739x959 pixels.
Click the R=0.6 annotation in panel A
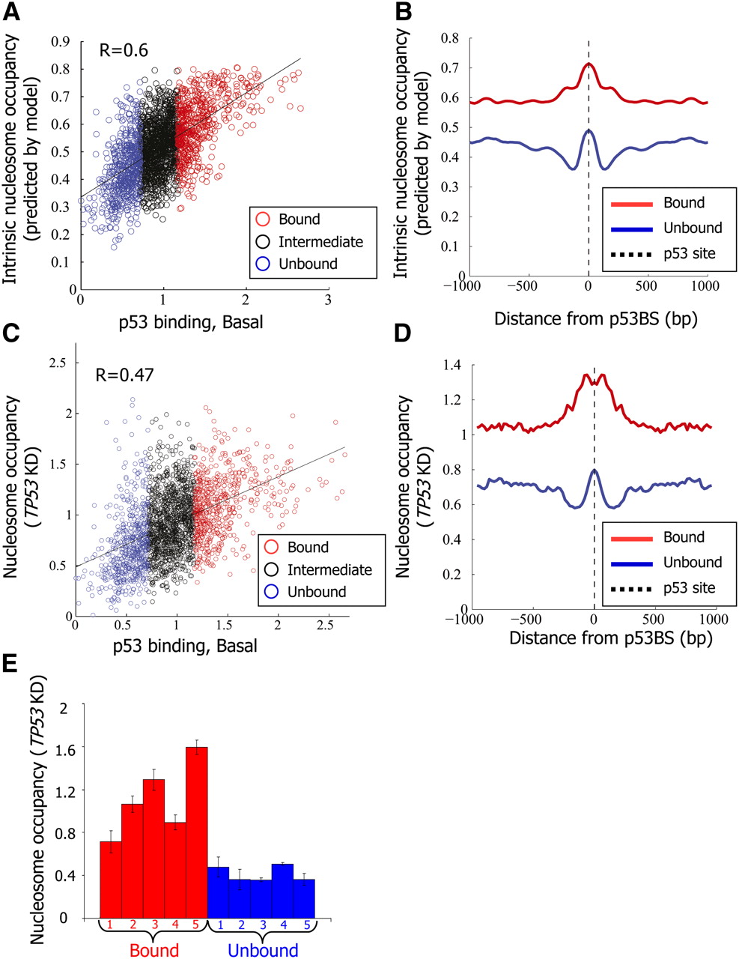tap(124, 50)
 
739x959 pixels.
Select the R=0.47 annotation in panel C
tap(124, 374)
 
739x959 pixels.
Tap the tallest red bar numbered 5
tap(196, 832)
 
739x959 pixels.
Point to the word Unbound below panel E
tap(262, 951)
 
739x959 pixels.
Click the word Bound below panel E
tap(154, 951)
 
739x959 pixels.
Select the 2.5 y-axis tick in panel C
tap(57, 363)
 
